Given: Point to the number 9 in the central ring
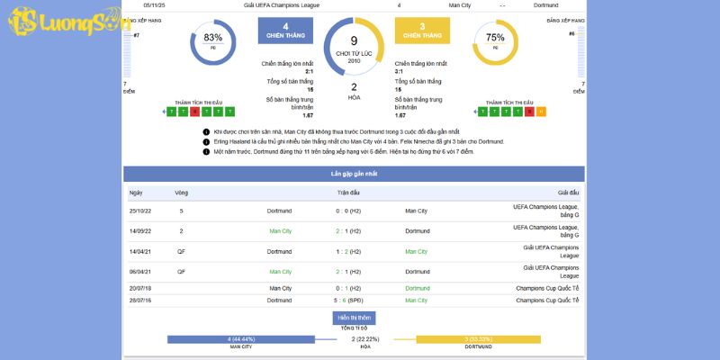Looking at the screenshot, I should (354, 40).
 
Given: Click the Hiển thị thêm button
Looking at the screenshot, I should (354, 318).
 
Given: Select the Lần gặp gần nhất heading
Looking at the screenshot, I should (354, 172).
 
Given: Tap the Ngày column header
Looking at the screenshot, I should (136, 193).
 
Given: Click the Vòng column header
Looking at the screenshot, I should (181, 193).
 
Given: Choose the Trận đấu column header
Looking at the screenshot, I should (348, 193).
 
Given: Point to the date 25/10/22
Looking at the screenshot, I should (140, 211).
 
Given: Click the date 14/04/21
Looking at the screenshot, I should (140, 251).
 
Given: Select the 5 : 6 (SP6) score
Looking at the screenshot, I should (348, 300).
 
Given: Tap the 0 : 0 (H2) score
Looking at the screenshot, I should (348, 211).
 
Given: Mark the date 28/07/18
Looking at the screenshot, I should (140, 300).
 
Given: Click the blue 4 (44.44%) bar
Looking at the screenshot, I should (241, 338).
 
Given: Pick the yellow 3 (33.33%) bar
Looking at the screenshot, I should (479, 338).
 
